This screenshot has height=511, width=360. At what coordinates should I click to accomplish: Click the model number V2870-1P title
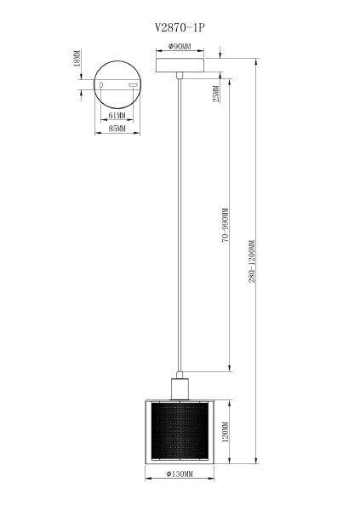pos(180,27)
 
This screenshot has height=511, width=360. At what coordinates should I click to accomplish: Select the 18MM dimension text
pos(77,60)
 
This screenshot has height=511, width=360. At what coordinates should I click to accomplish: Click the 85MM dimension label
pos(117,129)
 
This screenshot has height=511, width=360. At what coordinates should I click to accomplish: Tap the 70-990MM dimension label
pos(224,226)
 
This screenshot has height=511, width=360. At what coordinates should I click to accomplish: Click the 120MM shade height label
pos(224,436)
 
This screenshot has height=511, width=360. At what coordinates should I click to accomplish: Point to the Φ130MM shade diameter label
pos(179,474)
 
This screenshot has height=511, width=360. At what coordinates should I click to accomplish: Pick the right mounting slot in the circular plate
pos(133,86)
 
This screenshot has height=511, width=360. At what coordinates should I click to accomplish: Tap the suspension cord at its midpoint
pos(179,226)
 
